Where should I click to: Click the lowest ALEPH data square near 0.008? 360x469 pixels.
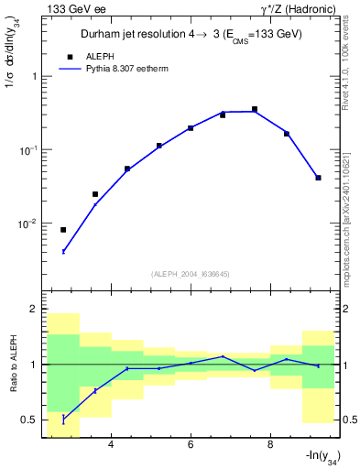coord(63,230)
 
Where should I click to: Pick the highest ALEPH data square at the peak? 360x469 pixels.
coord(255,109)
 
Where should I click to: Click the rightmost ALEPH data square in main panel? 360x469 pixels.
coord(318,178)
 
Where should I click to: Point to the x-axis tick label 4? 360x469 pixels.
coord(111,445)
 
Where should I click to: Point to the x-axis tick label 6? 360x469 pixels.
coord(191,445)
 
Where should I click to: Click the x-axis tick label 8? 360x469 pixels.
coord(270,445)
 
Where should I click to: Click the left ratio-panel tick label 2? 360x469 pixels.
coord(35,310)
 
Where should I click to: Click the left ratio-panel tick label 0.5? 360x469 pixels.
coord(30,420)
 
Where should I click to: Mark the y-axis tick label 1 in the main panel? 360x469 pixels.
coord(35,77)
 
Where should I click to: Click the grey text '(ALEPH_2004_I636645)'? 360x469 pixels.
coord(191,274)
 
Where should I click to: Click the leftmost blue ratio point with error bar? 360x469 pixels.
coord(63,420)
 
